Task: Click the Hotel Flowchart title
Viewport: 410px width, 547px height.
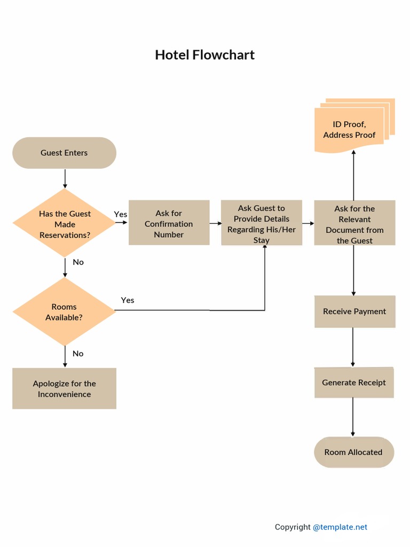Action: tap(204, 55)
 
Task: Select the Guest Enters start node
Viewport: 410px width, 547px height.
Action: tap(64, 153)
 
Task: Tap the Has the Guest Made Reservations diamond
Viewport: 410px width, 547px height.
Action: tap(65, 224)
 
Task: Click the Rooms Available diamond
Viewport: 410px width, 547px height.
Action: tap(64, 312)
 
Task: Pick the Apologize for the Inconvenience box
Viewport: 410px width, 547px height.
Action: tap(64, 389)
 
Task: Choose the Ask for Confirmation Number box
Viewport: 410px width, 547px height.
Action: tap(169, 223)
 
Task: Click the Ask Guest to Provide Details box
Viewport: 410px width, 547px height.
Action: tap(262, 223)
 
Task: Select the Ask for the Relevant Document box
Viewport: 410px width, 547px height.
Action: tap(354, 223)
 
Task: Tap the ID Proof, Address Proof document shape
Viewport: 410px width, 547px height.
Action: tap(350, 129)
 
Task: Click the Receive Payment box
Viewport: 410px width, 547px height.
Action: tap(354, 311)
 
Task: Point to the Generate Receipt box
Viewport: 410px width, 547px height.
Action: tap(353, 382)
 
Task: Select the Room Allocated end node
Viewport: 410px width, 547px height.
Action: tap(353, 452)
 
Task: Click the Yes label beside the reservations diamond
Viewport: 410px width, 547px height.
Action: tap(121, 214)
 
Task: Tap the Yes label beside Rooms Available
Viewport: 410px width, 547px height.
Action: tap(128, 300)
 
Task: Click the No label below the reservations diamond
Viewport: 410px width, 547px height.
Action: tap(78, 262)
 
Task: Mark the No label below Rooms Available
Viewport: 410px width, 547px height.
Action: tap(78, 354)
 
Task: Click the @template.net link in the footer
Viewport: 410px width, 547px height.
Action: tap(340, 527)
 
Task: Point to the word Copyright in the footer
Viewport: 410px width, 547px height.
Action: tap(293, 527)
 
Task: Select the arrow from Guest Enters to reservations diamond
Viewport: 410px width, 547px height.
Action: tap(65, 178)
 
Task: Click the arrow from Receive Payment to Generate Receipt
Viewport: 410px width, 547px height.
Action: tap(353, 347)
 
